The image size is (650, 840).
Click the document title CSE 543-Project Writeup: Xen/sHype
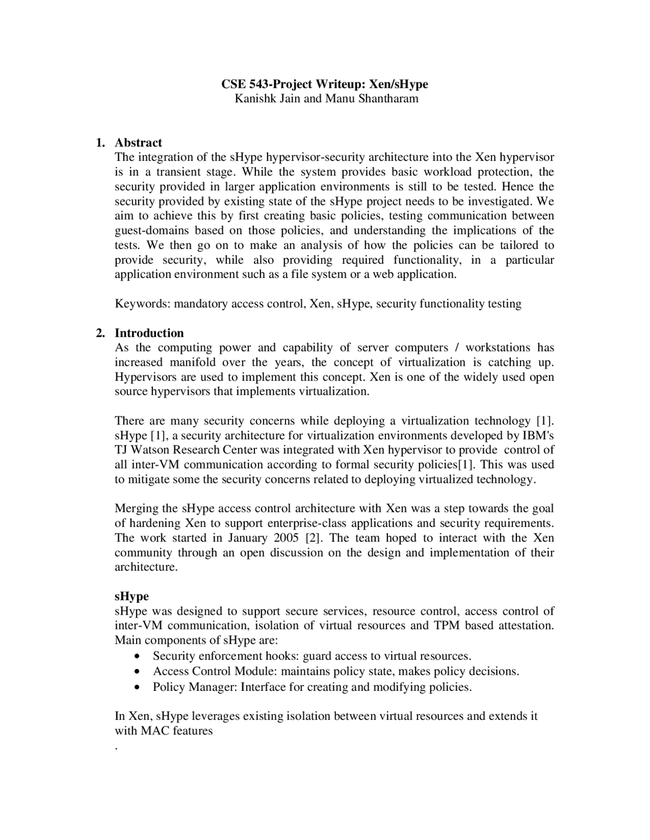(x=324, y=84)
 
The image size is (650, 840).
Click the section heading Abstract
(x=138, y=143)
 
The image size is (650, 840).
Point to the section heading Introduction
(x=149, y=333)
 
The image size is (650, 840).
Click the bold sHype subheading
(x=132, y=596)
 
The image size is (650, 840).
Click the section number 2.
(x=101, y=333)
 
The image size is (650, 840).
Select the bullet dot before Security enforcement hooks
(x=139, y=656)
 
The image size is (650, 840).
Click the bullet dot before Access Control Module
(x=139, y=672)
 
